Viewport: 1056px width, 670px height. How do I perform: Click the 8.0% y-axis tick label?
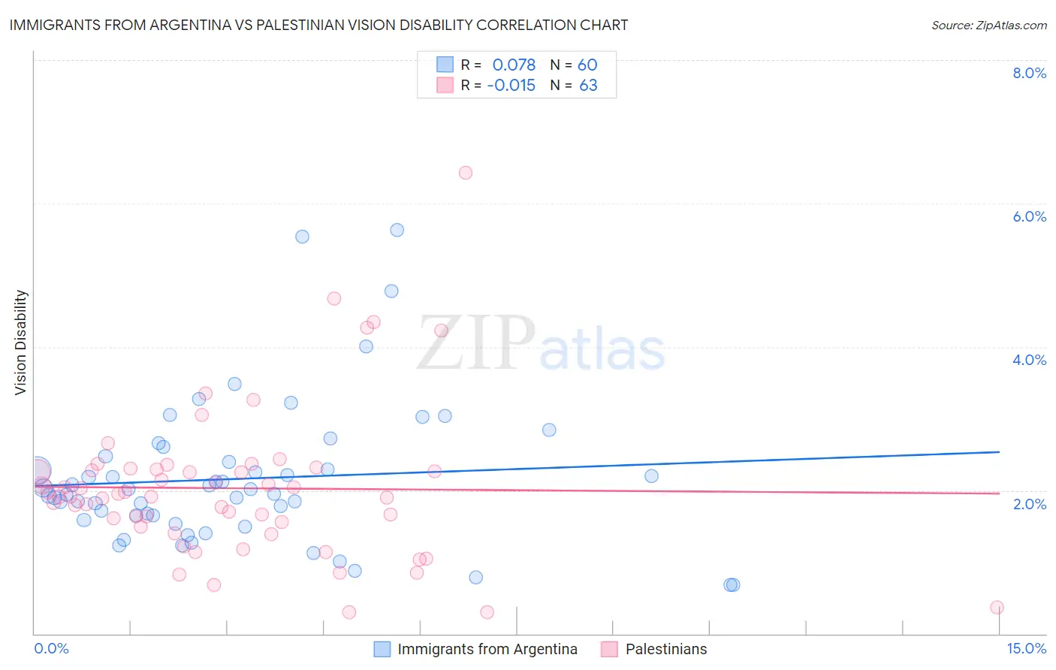[1029, 73]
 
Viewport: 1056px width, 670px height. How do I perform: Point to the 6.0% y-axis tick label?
[1029, 216]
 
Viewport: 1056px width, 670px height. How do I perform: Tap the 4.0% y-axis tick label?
[1029, 360]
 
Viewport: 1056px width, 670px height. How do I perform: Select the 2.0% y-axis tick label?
[1029, 504]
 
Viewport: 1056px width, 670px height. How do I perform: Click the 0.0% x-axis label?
[51, 649]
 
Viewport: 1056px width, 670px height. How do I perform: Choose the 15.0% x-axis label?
[1026, 649]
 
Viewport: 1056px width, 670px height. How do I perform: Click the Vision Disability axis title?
[21, 343]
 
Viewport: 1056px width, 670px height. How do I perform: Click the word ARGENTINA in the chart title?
[200, 25]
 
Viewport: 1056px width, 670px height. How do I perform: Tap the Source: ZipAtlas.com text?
[988, 25]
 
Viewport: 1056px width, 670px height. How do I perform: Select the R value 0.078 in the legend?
[514, 65]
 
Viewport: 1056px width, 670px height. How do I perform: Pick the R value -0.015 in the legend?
[511, 86]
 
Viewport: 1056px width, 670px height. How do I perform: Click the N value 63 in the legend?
[588, 86]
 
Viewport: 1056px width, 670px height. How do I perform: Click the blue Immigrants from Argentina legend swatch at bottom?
[382, 649]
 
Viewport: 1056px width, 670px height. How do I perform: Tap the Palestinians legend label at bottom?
[666, 649]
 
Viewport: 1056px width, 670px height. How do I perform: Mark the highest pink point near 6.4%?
[466, 173]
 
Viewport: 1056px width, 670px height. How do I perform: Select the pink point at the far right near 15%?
[997, 608]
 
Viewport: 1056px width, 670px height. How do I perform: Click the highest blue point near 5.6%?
[397, 230]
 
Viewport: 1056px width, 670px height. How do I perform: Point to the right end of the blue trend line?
[999, 451]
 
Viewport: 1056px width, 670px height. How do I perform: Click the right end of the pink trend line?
[999, 493]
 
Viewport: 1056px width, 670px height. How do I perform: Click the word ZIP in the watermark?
[475, 343]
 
